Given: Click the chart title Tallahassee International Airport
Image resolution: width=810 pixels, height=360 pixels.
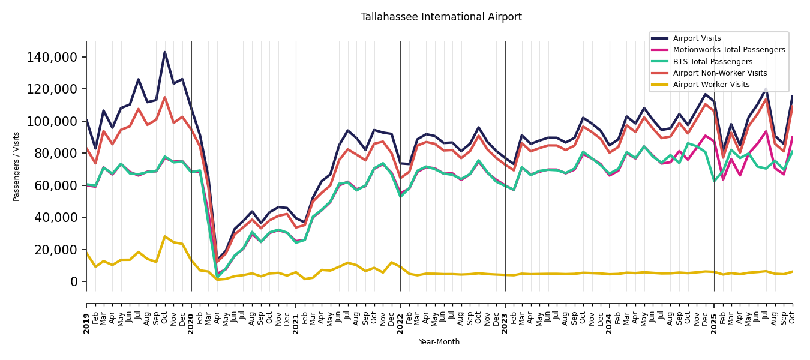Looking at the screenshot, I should click(x=441, y=17).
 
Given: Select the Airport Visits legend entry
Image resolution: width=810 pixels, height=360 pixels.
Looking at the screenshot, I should click(x=697, y=38).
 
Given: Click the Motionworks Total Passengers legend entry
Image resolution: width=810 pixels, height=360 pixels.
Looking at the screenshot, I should click(x=728, y=50).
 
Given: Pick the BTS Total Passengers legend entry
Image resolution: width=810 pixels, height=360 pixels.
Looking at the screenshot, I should click(x=712, y=62).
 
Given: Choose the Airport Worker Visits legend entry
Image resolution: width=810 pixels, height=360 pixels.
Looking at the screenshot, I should click(x=711, y=85).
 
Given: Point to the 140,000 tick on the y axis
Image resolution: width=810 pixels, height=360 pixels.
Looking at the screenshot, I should click(x=52, y=58).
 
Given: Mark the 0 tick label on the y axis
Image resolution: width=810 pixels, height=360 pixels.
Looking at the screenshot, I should click(x=74, y=281).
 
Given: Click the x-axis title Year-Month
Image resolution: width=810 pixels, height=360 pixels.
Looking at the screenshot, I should click(x=439, y=342).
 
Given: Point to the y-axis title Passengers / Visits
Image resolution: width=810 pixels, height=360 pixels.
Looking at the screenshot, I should click(x=17, y=166).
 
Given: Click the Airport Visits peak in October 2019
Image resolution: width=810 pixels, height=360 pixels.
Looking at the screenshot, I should click(x=165, y=52).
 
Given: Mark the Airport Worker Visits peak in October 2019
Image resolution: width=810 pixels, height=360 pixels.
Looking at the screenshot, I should click(x=165, y=236).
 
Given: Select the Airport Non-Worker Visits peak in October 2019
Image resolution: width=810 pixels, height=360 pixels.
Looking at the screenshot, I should click(x=165, y=97).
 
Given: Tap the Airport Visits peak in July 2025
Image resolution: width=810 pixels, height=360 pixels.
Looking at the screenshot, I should click(x=766, y=89).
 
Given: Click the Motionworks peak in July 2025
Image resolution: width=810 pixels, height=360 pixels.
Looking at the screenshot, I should click(x=766, y=131).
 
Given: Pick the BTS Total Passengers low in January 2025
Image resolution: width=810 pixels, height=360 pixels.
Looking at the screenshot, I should click(x=714, y=181).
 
